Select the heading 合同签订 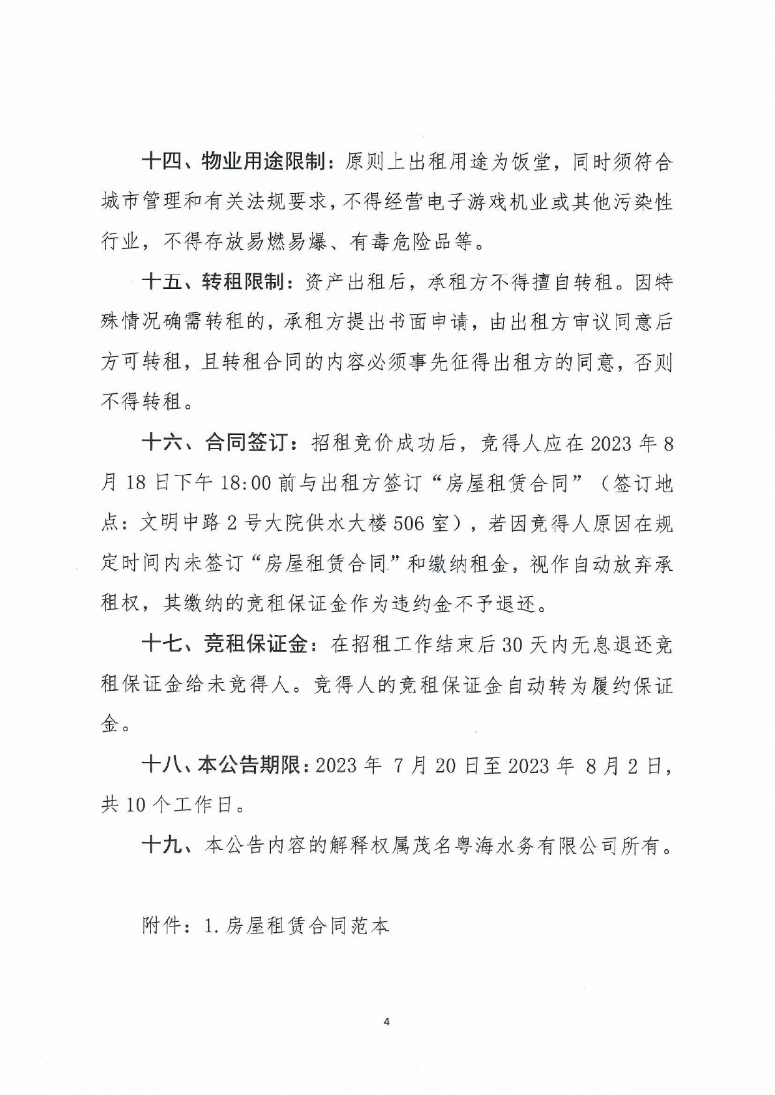click(x=244, y=444)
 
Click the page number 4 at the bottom click(x=387, y=1022)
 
